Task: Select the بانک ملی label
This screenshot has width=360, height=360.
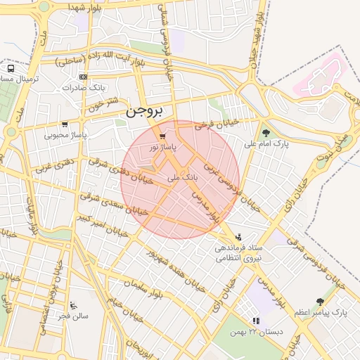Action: tap(181, 179)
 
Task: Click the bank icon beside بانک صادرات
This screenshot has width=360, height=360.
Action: tap(84, 77)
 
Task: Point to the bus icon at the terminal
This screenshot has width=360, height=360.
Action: tap(11, 69)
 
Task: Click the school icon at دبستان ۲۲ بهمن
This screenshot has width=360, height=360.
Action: tap(256, 321)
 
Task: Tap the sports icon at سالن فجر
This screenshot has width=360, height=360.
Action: tap(73, 305)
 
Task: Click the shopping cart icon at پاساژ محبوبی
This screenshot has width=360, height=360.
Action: tap(65, 124)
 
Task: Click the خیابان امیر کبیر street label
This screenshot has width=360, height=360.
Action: tap(102, 224)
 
